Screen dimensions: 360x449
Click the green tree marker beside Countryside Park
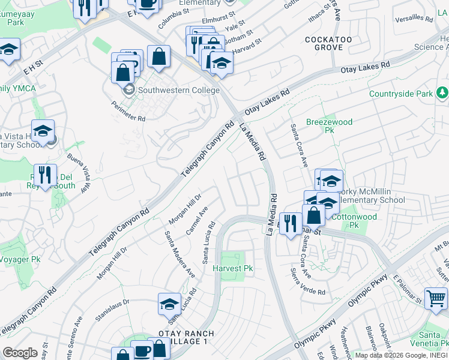pyautogui.click(x=442, y=93)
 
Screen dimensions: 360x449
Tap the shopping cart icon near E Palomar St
pyautogui.click(x=436, y=297)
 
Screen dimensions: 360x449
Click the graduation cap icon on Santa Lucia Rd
pyautogui.click(x=170, y=304)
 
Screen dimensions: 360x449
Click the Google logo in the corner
pyautogui.click(x=20, y=353)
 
